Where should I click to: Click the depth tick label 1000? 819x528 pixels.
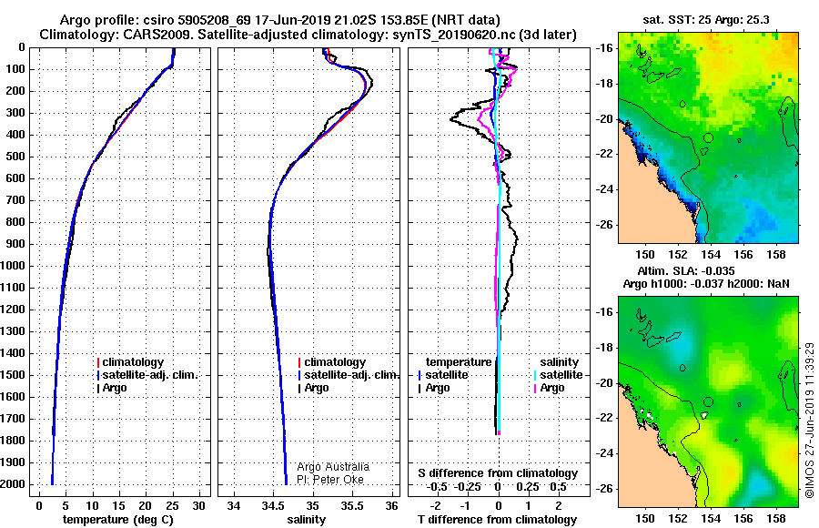tap(13, 266)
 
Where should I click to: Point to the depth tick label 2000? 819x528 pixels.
tap(13, 484)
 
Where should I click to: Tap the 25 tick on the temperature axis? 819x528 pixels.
tap(172, 505)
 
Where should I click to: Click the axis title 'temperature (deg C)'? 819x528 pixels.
tap(118, 520)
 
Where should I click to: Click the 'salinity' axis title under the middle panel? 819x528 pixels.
tap(307, 520)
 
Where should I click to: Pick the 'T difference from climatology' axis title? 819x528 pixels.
tap(497, 520)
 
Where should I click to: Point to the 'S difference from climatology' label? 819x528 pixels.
tap(498, 473)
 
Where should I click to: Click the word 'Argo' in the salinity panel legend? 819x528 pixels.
tap(317, 388)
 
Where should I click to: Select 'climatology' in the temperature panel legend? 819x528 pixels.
tap(133, 362)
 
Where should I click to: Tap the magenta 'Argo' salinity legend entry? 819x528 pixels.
tap(552, 388)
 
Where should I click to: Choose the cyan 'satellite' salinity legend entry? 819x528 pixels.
tap(561, 375)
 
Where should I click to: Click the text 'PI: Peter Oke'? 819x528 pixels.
tap(330, 480)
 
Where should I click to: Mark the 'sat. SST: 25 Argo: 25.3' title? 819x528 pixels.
tap(705, 20)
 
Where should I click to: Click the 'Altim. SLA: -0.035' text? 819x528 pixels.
tap(686, 270)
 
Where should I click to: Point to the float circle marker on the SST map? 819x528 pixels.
tap(708, 138)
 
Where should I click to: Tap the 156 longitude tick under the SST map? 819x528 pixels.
tap(743, 255)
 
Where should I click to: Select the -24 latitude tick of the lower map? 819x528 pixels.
tap(604, 453)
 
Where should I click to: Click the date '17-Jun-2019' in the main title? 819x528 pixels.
tap(292, 20)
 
